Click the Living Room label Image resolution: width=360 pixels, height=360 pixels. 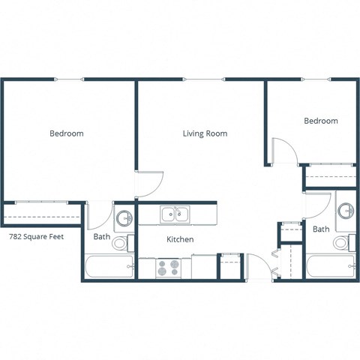click(205, 133)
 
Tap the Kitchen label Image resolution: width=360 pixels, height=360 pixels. click(180, 239)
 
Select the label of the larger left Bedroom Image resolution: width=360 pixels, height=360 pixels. click(66, 133)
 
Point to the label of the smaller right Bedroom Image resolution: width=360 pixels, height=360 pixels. click(320, 121)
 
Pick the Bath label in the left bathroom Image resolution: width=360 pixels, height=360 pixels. click(102, 238)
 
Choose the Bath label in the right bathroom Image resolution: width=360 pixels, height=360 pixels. click(321, 229)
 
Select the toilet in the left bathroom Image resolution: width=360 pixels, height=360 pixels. click(128, 242)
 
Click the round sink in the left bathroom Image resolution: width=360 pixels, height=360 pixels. click(124, 218)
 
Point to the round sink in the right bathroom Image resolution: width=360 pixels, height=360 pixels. click(346, 210)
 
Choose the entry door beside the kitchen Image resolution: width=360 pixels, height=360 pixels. click(257, 267)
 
